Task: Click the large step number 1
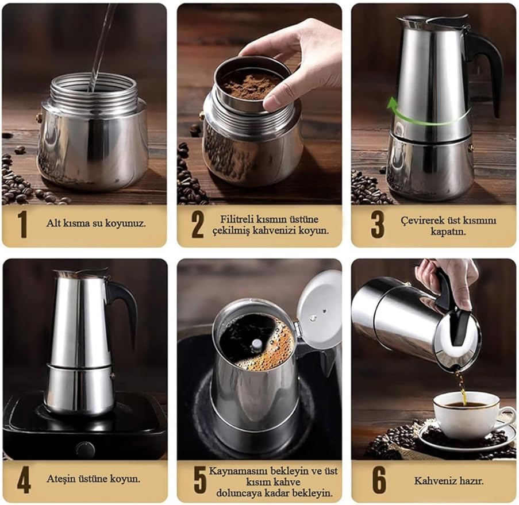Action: point(22,224)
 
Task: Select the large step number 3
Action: point(378,224)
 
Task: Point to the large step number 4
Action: point(24,480)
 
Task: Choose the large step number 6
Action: point(379,480)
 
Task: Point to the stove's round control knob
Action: point(86,449)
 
